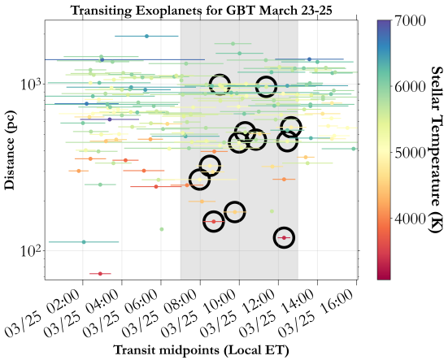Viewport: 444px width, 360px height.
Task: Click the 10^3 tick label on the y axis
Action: coord(29,84)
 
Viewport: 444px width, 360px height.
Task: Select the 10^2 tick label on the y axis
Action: coord(29,250)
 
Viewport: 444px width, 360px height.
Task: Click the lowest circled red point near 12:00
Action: coord(284,237)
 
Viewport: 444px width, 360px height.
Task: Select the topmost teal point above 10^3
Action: coord(146,36)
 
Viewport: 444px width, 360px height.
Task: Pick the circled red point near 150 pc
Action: coord(213,221)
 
